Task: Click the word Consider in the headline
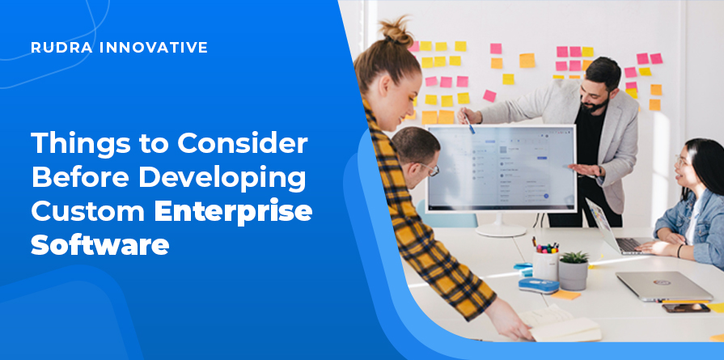click(x=243, y=142)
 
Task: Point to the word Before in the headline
click(x=81, y=177)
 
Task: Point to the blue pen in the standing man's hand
click(x=469, y=124)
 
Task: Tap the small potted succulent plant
click(x=574, y=270)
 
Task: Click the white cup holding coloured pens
click(x=545, y=265)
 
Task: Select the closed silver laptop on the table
click(x=664, y=286)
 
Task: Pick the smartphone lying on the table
click(x=686, y=308)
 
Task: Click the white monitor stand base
click(x=501, y=230)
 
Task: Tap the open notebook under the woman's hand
click(x=561, y=325)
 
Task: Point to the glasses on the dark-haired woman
click(x=680, y=162)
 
